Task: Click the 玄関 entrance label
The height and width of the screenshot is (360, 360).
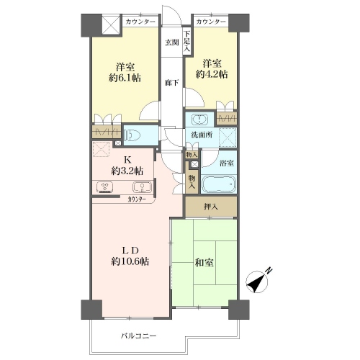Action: [x=172, y=42]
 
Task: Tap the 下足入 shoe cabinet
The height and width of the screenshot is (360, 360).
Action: [x=187, y=42]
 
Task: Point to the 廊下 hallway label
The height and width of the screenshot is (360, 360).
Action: [x=172, y=83]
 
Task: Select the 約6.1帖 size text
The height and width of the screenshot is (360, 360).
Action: [x=125, y=78]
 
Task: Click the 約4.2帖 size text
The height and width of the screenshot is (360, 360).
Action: [x=212, y=74]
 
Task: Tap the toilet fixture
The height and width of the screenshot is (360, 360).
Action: [x=131, y=135]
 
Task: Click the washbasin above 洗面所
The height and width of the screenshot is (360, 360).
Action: [x=199, y=120]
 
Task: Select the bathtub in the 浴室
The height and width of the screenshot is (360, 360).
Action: [x=218, y=184]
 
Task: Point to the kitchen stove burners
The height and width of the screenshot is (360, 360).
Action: [x=105, y=187]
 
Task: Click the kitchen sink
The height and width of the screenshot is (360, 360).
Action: [x=143, y=186]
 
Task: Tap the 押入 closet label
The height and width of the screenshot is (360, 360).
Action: [x=211, y=207]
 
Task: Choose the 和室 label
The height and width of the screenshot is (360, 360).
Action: [x=204, y=263]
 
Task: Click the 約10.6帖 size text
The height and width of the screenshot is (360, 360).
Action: [x=130, y=261]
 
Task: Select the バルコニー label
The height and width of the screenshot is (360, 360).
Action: [x=138, y=336]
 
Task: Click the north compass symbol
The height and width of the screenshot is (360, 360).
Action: [x=258, y=282]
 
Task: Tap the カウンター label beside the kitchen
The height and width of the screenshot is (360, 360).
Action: [x=137, y=199]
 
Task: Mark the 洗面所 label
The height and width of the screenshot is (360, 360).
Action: [x=202, y=135]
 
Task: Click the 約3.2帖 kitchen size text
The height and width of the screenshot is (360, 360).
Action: [x=127, y=171]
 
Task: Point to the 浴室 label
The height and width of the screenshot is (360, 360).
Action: [x=227, y=163]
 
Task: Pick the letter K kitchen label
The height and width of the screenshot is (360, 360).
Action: [x=127, y=159]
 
